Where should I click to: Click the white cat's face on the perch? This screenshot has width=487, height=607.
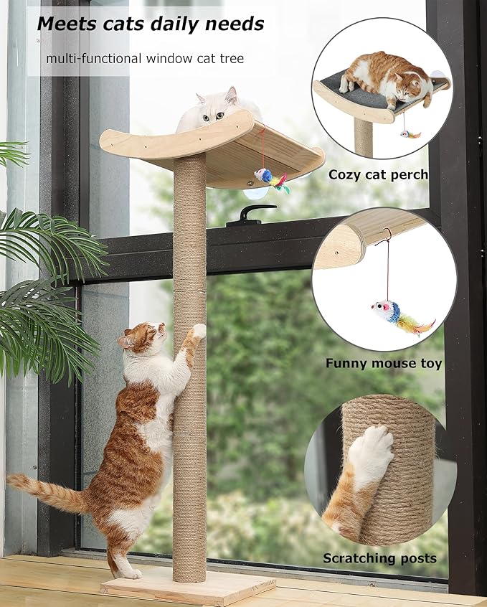point(215,108)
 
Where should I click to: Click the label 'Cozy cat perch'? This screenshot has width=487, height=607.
point(378,174)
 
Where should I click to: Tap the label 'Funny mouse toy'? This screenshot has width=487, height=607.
point(384,364)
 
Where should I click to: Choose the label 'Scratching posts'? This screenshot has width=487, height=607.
point(379,558)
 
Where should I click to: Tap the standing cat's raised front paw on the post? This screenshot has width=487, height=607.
point(197,331)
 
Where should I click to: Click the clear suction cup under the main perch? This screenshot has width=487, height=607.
point(253,192)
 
